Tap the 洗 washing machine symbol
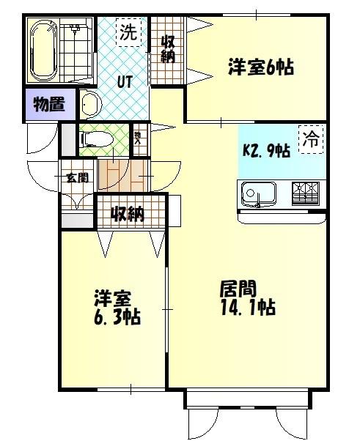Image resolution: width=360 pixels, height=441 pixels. coord(128,32)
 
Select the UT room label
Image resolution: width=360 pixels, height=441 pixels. coord(124,81)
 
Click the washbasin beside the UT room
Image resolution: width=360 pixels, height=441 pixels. coord(89,105)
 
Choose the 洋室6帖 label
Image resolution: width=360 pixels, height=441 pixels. coord(260,68)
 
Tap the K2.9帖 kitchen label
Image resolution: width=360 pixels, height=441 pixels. coord(266,151)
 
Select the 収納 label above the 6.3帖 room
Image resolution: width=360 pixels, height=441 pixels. coord(128,215)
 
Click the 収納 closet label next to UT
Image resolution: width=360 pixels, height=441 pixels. coord(168,48)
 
